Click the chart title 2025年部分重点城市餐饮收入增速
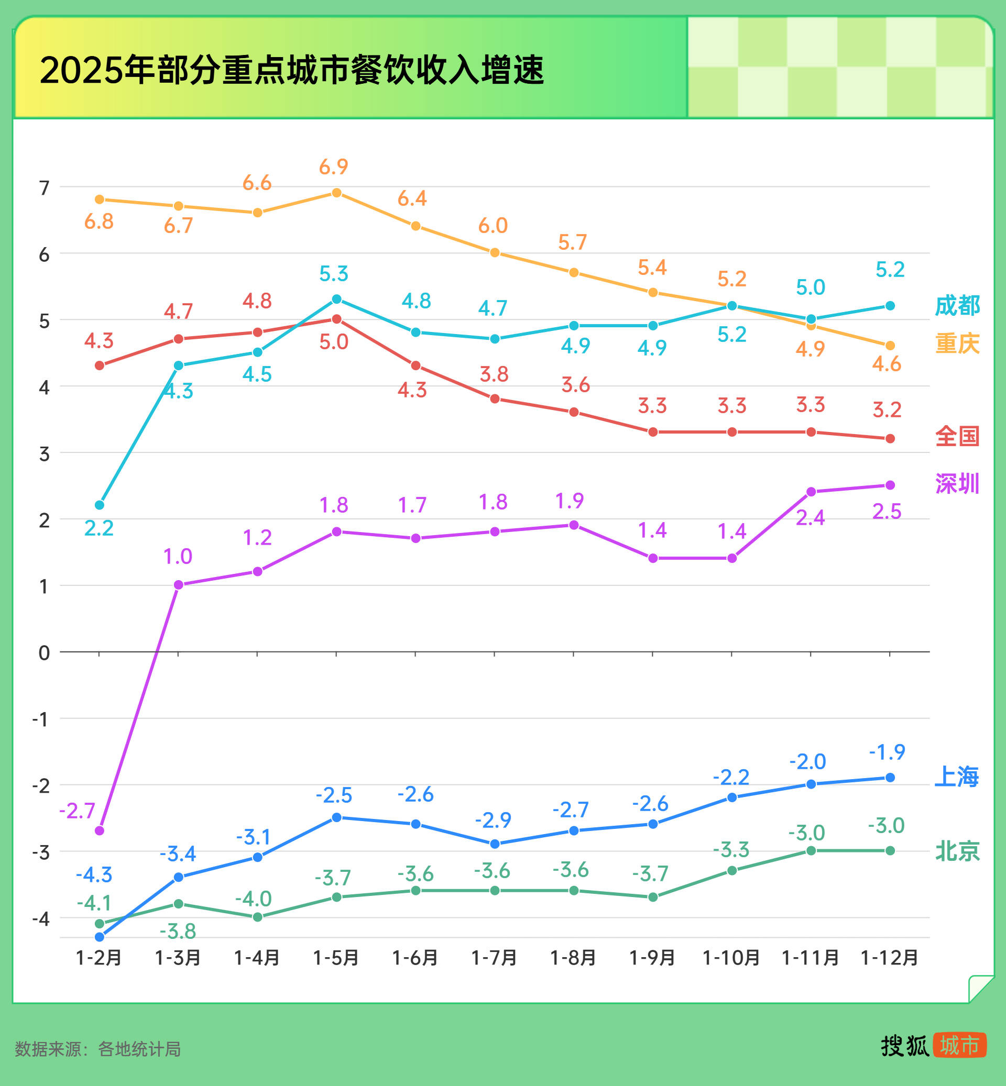(292, 70)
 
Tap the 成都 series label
(957, 305)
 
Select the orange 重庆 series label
(957, 343)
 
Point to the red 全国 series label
(957, 436)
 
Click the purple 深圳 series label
(957, 483)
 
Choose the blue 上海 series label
(957, 777)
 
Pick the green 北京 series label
(957, 851)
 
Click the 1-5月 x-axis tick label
(336, 958)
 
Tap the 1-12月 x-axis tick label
(889, 958)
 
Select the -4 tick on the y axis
(41, 919)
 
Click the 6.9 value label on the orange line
(333, 167)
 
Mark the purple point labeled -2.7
(100, 831)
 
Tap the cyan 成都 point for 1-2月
(100, 505)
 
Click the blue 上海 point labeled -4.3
(100, 937)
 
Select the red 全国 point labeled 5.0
(336, 319)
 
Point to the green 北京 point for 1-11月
(811, 850)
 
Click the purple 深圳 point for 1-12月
(890, 485)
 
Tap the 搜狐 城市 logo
(933, 1045)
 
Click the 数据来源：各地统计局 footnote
(97, 1048)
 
